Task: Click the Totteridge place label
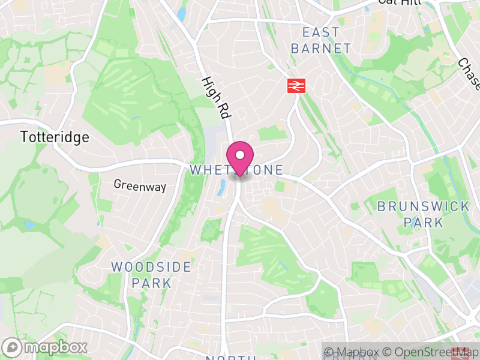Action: [55, 137]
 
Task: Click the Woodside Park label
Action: [151, 274]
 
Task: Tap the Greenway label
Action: [140, 186]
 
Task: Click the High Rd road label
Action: [216, 97]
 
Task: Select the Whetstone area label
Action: [236, 170]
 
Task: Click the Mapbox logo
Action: [45, 347]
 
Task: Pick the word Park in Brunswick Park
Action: [423, 223]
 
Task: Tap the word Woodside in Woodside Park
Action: [151, 266]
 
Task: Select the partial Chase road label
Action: [469, 74]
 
